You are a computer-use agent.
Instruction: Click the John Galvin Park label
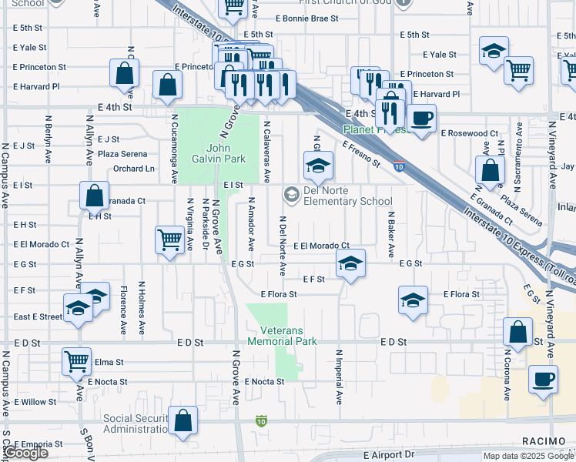pos(225,153)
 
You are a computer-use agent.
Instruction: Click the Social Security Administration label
pos(140,423)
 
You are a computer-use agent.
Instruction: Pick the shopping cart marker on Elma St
pos(76,360)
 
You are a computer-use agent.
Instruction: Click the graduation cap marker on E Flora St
pos(413,300)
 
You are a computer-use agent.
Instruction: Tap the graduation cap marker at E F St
pos(350,265)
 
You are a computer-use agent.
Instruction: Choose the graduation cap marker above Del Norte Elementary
pos(317,165)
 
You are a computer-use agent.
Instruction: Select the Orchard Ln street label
pos(133,168)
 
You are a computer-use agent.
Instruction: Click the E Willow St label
pos(35,402)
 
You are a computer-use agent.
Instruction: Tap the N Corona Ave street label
pos(508,376)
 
